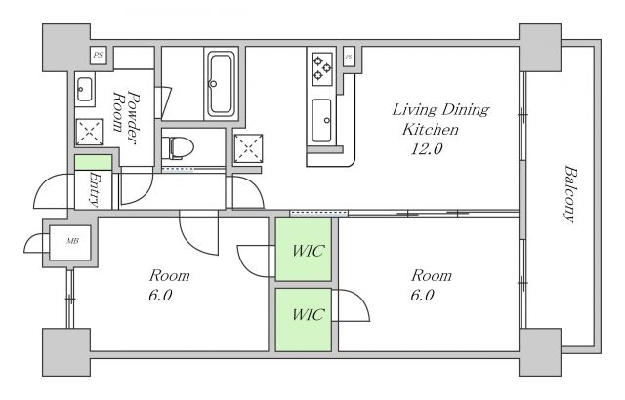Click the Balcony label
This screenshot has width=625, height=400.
point(570,194)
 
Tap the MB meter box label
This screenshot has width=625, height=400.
point(72,241)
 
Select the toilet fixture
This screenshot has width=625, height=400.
point(178,148)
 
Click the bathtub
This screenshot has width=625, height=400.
point(222,84)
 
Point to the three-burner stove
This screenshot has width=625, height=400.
point(323,69)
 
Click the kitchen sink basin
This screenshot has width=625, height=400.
point(321,120)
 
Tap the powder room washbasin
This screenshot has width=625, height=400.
point(85,90)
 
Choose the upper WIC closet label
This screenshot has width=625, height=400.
point(309,251)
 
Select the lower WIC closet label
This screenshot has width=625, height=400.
point(309,314)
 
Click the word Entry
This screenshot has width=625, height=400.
point(95,189)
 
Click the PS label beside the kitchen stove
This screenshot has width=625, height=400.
point(349,57)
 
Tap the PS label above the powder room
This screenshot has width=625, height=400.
point(98,56)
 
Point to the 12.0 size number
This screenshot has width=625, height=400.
point(427,149)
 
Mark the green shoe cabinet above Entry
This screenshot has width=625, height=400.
point(94,162)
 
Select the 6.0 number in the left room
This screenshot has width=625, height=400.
point(160,296)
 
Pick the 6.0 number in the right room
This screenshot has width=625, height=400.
point(422,296)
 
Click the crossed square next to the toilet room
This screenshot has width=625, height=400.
point(248,148)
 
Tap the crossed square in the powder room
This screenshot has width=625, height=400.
point(89,132)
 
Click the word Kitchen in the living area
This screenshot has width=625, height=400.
point(431,129)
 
